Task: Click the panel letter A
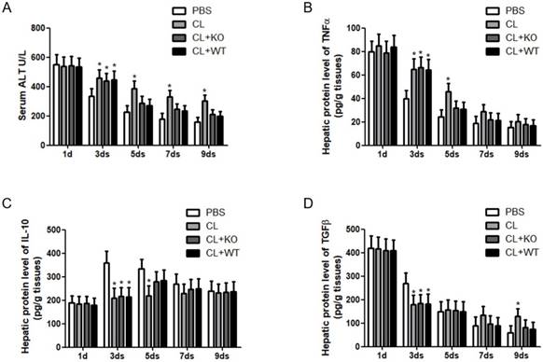pyautogui.click(x=7, y=7)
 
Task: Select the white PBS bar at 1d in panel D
pyautogui.click(x=343, y=295)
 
